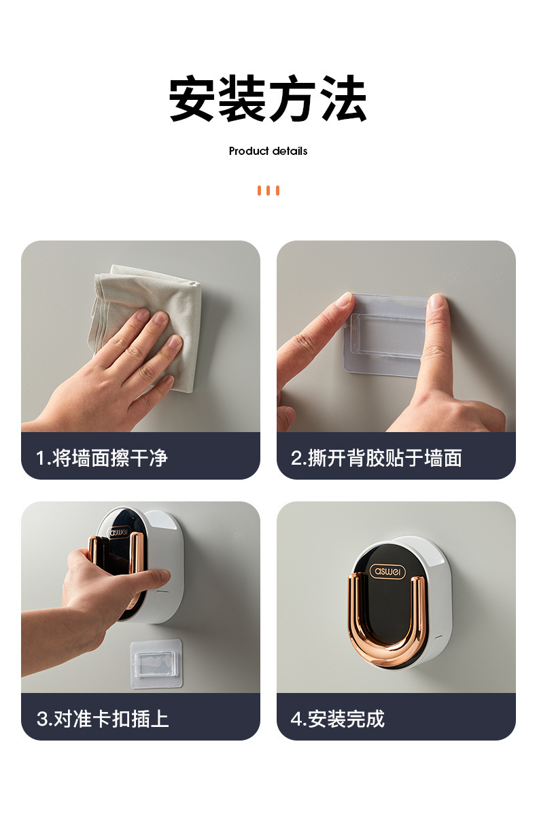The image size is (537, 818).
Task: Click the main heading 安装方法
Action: [268, 99]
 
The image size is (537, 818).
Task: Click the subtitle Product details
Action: [268, 151]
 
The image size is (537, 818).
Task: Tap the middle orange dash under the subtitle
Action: [268, 191]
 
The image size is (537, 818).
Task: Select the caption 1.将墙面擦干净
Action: [101, 458]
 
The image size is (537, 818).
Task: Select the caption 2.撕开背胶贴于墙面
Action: [377, 458]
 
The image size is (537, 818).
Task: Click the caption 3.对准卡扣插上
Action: [103, 719]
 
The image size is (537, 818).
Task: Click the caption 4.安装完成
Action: [338, 719]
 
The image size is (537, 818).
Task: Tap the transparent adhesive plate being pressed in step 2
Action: [387, 334]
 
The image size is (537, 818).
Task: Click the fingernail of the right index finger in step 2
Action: [436, 302]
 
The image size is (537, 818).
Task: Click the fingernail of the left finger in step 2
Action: [344, 300]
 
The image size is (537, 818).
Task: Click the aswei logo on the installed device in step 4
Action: [387, 571]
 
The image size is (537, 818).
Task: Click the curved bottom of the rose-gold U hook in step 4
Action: [387, 654]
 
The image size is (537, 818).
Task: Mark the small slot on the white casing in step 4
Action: [438, 637]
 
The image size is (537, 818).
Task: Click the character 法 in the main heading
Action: [344, 99]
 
